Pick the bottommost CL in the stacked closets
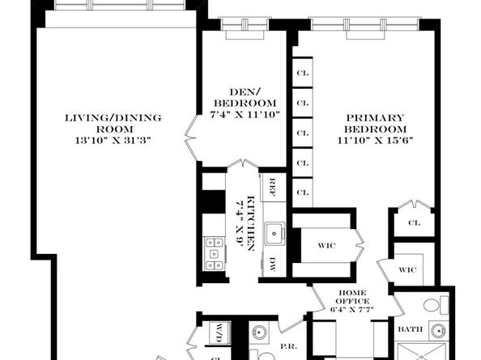point(302,193)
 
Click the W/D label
point(219,331)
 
